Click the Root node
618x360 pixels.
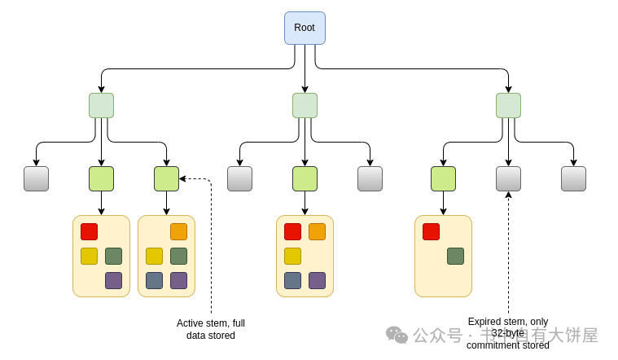click(x=305, y=28)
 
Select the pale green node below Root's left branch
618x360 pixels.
click(x=101, y=105)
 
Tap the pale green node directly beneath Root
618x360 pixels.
click(x=305, y=105)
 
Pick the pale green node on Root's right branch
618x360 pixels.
click(x=508, y=105)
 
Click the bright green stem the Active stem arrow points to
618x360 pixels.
click(x=166, y=178)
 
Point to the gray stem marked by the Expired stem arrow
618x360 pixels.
click(x=508, y=178)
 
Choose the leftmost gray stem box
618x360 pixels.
click(x=36, y=178)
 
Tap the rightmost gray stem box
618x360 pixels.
click(x=573, y=178)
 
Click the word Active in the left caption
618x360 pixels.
click(x=191, y=323)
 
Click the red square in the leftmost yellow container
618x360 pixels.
click(x=89, y=231)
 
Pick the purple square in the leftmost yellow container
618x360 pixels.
click(x=113, y=280)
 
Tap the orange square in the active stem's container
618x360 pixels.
click(x=178, y=231)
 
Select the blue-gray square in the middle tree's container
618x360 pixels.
click(x=292, y=280)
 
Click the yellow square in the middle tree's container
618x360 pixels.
click(x=292, y=256)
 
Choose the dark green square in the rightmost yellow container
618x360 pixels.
click(x=455, y=256)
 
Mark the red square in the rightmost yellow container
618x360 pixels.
click(x=431, y=231)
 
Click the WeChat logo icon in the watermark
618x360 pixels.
click(x=397, y=335)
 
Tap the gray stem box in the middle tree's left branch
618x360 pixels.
click(x=239, y=178)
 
